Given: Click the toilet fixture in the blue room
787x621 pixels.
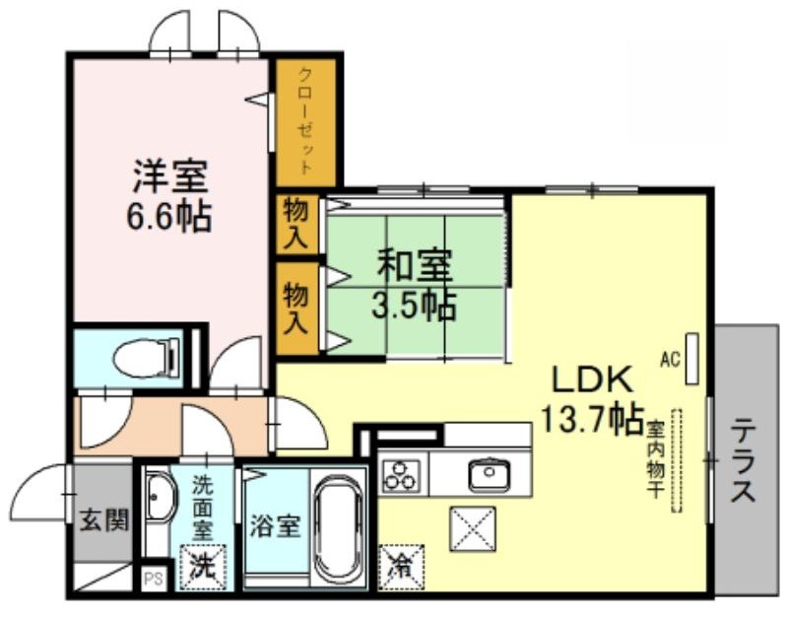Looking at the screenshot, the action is pos(147,357).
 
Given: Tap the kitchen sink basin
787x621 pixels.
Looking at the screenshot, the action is pos(490,474).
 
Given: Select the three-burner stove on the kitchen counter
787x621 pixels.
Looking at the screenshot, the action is pos(401,475).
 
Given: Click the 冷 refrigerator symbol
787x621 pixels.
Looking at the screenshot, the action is pos(402,567).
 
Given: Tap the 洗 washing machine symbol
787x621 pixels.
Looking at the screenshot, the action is pos(203,567).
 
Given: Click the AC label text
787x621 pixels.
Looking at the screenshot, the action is pos(670,359).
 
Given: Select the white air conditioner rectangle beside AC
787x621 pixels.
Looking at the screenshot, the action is pos(692,359).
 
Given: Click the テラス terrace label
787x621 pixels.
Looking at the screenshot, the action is pos(743,461).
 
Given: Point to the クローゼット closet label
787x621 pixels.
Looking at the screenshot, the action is pos(305,121).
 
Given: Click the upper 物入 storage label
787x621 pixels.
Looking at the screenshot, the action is pos(295,224).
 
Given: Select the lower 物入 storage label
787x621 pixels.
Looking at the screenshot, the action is pos(295,308).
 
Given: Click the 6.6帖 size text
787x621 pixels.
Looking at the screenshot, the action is pos(168,217).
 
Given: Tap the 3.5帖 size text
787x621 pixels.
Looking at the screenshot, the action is pos(414,305).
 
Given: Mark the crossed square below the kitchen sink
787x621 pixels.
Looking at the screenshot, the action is pos(473,529).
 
